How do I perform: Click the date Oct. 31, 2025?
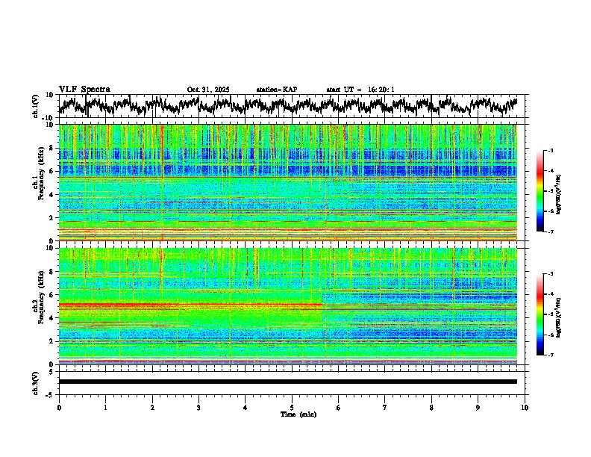point(208,90)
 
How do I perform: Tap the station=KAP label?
point(277,90)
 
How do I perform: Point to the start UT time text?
point(360,90)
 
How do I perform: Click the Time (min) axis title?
point(292,414)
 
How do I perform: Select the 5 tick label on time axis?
point(292,407)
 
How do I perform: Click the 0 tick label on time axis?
point(59,407)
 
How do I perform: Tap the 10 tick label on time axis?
point(525,407)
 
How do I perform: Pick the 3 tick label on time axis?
point(198,407)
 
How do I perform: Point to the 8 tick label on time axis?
point(431,407)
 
